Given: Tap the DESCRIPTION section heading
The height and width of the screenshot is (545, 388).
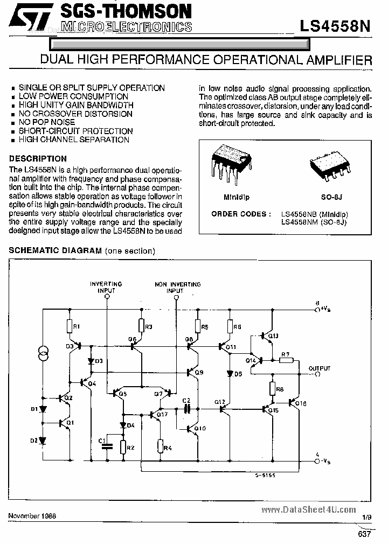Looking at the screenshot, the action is [38, 159].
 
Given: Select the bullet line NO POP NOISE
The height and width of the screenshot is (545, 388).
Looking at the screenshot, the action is [47, 122].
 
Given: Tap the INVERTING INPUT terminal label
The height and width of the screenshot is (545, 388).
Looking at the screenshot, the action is [106, 287].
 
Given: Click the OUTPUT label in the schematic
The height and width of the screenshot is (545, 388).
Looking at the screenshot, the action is [320, 368].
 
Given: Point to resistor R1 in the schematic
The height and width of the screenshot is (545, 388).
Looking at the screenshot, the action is [70, 326].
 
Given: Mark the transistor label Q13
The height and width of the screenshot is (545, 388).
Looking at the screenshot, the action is [273, 336].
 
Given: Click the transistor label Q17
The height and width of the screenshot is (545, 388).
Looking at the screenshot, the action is [163, 414].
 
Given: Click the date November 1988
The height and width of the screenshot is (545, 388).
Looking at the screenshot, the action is [32, 515].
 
